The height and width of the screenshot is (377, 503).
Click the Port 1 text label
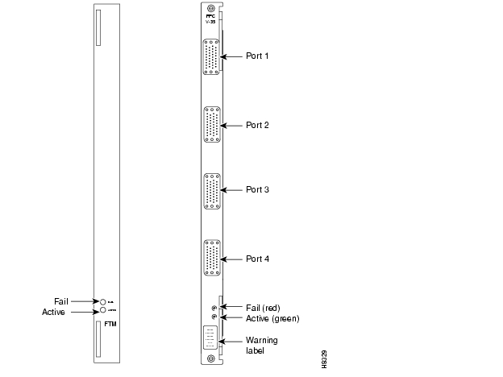click(x=258, y=56)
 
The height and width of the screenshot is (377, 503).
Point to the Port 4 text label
click(x=258, y=259)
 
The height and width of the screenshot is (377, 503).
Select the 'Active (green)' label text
click(x=272, y=318)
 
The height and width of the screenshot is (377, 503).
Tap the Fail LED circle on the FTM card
click(x=103, y=300)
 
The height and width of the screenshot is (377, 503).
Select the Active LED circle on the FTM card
click(x=103, y=310)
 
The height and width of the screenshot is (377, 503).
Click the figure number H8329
click(x=323, y=358)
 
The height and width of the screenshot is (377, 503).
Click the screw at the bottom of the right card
click(x=210, y=358)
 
